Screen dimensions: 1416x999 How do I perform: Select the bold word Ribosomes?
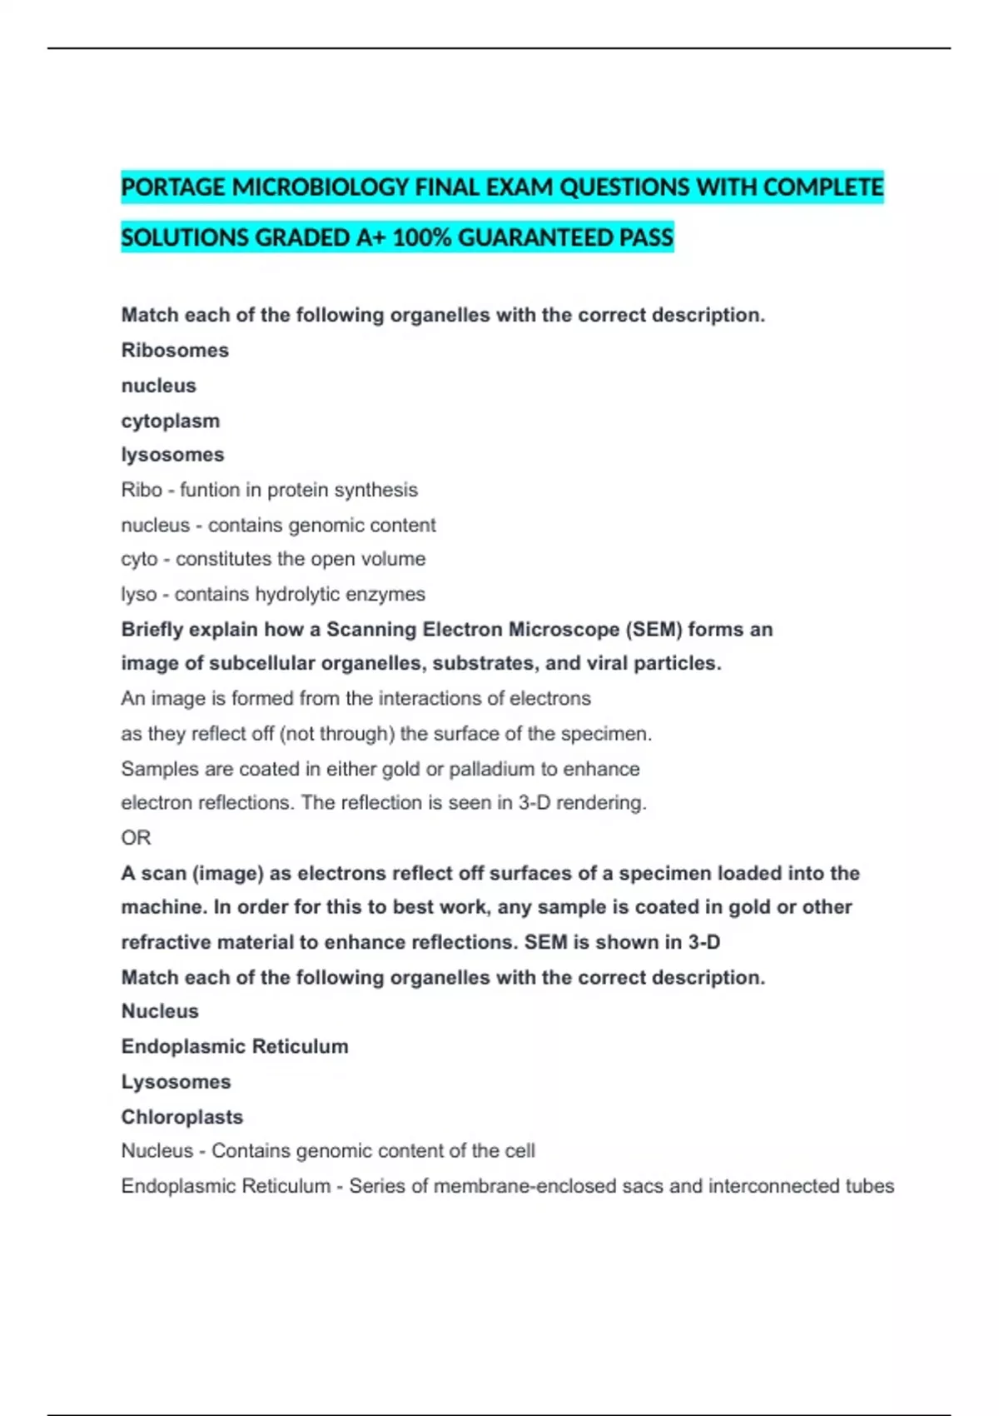(x=175, y=350)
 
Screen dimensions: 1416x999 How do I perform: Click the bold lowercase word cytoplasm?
(x=171, y=421)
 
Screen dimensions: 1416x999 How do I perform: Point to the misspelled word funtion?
(x=210, y=490)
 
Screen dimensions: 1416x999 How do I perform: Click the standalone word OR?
(x=136, y=838)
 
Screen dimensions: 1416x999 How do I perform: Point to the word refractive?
(x=166, y=942)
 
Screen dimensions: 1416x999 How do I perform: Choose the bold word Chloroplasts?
(x=182, y=1117)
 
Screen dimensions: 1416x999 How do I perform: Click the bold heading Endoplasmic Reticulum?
(x=235, y=1046)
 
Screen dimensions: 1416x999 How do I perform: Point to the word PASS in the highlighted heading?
(x=646, y=238)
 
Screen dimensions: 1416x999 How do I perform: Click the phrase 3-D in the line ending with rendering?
(x=534, y=803)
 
